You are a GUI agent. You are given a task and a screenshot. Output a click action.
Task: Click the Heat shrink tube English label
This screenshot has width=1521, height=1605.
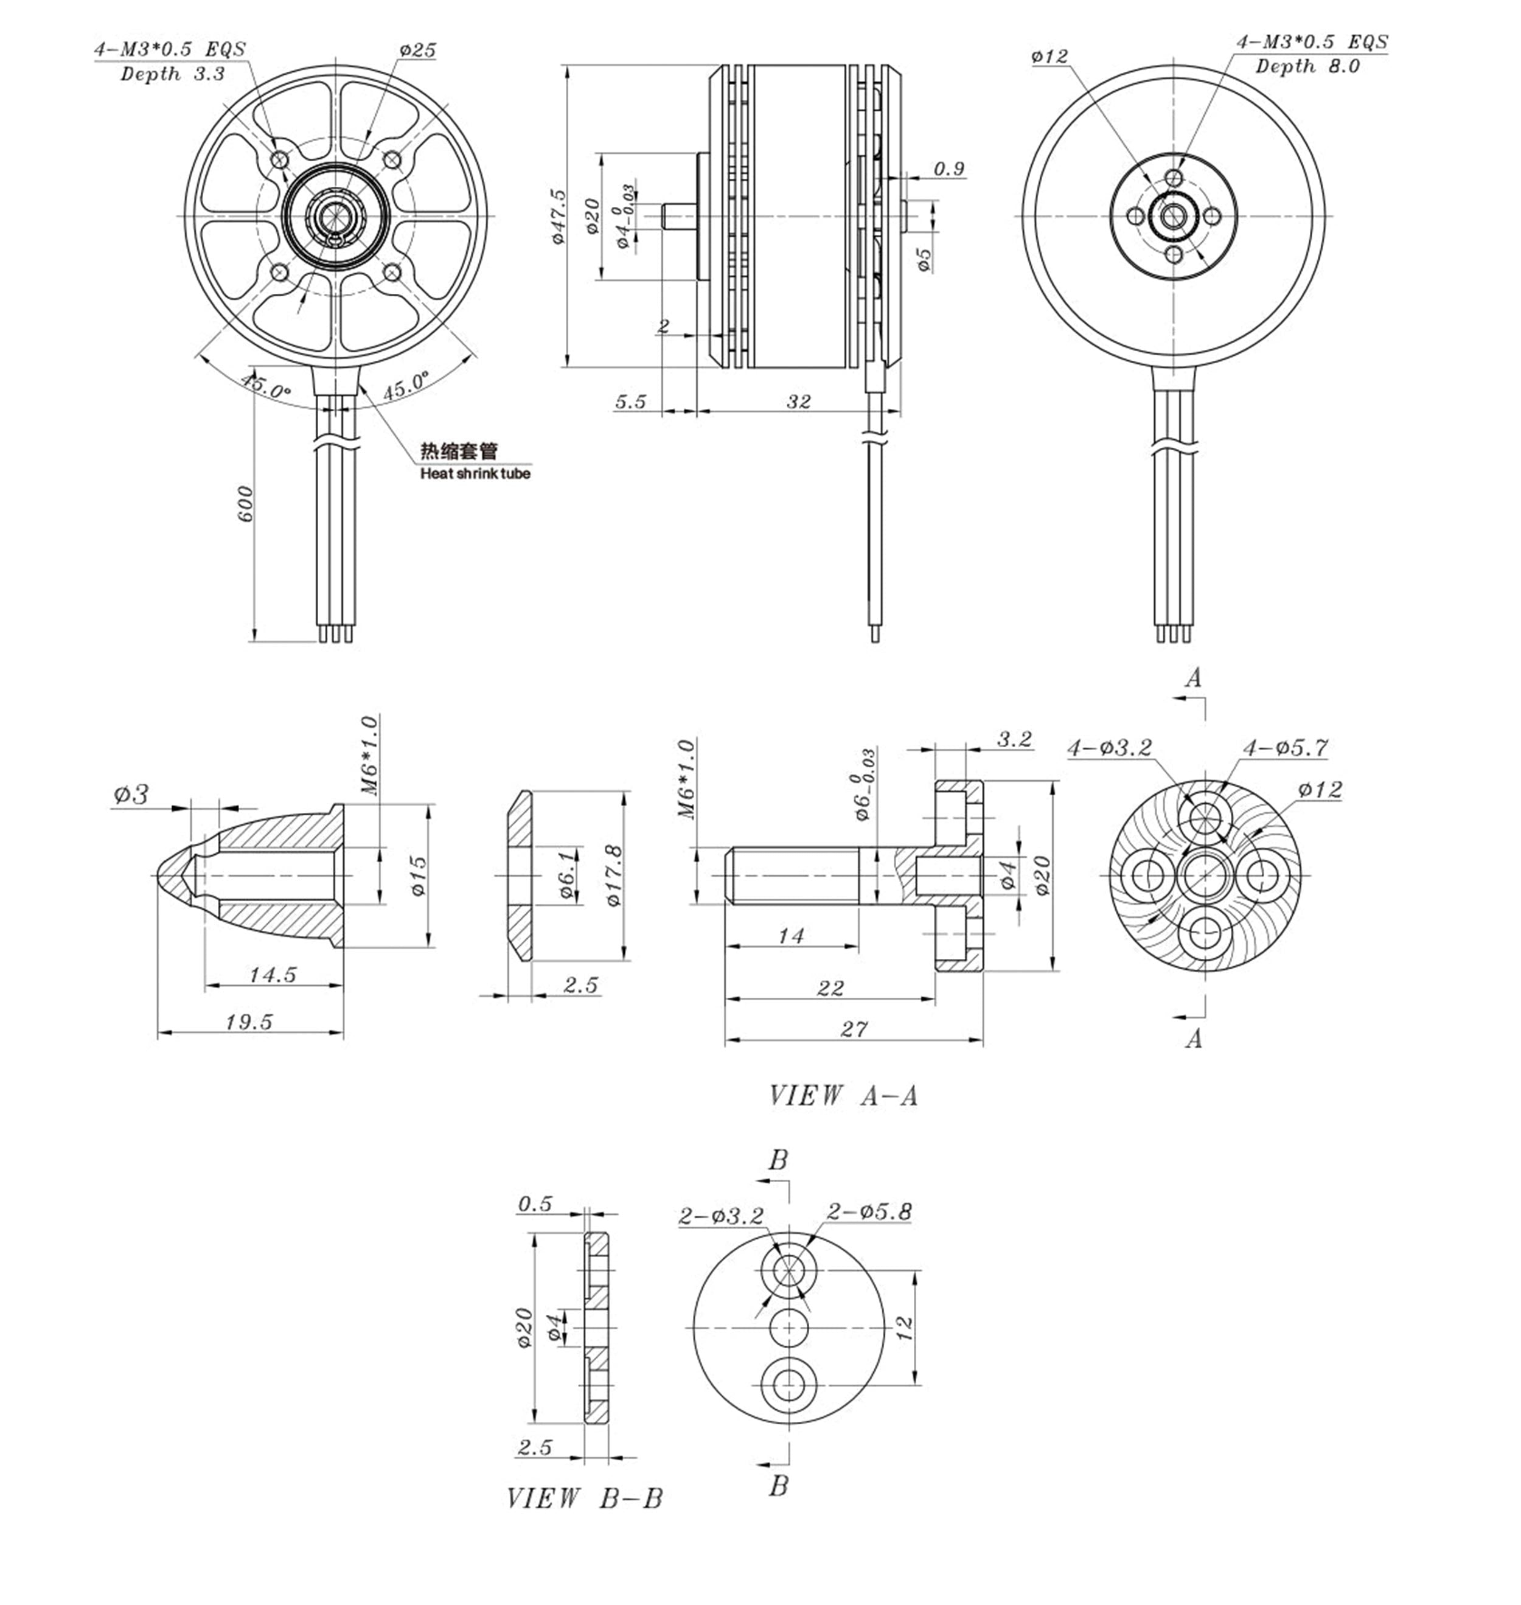[x=475, y=473]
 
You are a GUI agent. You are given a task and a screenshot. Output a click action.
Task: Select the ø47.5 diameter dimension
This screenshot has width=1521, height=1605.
[x=557, y=217]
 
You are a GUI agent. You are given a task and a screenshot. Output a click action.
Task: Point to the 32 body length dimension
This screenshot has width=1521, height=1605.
[x=799, y=402]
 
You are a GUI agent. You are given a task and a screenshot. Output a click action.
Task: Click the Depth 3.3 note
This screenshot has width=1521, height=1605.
[x=173, y=75]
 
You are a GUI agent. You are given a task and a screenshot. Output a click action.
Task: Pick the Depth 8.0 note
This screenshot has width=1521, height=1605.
[x=1307, y=66]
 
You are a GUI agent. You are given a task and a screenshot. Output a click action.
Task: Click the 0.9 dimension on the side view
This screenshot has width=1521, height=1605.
[x=948, y=169]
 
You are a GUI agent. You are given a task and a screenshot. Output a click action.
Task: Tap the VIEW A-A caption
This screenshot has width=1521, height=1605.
[x=843, y=1096]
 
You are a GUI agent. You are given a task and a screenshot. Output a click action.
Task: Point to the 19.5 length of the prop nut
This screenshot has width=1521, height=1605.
[x=249, y=1022]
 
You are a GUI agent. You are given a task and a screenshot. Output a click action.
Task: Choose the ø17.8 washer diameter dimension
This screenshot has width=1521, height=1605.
[x=614, y=876]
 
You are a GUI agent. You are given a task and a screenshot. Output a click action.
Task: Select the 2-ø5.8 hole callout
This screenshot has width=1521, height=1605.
[x=869, y=1212]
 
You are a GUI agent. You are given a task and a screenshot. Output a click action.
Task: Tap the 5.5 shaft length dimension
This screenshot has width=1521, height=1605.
[x=631, y=402]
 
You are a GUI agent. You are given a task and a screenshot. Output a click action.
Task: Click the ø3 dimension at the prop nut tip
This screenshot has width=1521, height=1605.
[x=131, y=795]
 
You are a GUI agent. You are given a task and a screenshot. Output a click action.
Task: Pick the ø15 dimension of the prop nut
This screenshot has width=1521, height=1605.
[x=419, y=876]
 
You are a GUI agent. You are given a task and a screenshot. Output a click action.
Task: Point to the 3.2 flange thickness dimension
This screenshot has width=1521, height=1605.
[x=1014, y=739]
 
